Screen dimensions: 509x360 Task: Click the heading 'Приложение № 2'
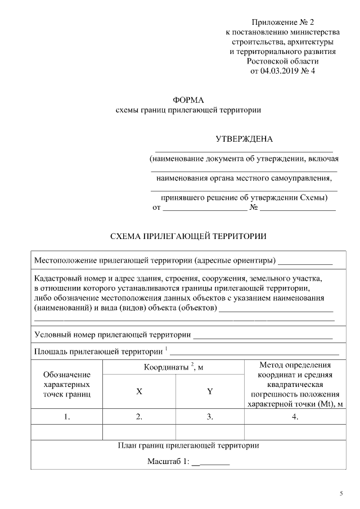pyautogui.click(x=282, y=22)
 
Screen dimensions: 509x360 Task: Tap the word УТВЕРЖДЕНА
pyautogui.click(x=244, y=139)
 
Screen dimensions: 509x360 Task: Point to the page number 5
pyautogui.click(x=341, y=493)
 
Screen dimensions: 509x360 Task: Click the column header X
pyautogui.click(x=138, y=391)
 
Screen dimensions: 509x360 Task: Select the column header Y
pyautogui.click(x=210, y=391)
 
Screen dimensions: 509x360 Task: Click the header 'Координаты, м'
pyautogui.click(x=173, y=367)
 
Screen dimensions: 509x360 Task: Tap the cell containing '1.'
pyautogui.click(x=66, y=417)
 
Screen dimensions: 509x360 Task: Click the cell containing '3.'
pyautogui.click(x=210, y=417)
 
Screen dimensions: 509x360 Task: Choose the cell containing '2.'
pyautogui.click(x=138, y=417)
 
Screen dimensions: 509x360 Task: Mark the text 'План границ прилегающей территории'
pyautogui.click(x=188, y=445)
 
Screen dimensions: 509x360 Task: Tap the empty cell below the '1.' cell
pyautogui.click(x=66, y=431)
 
